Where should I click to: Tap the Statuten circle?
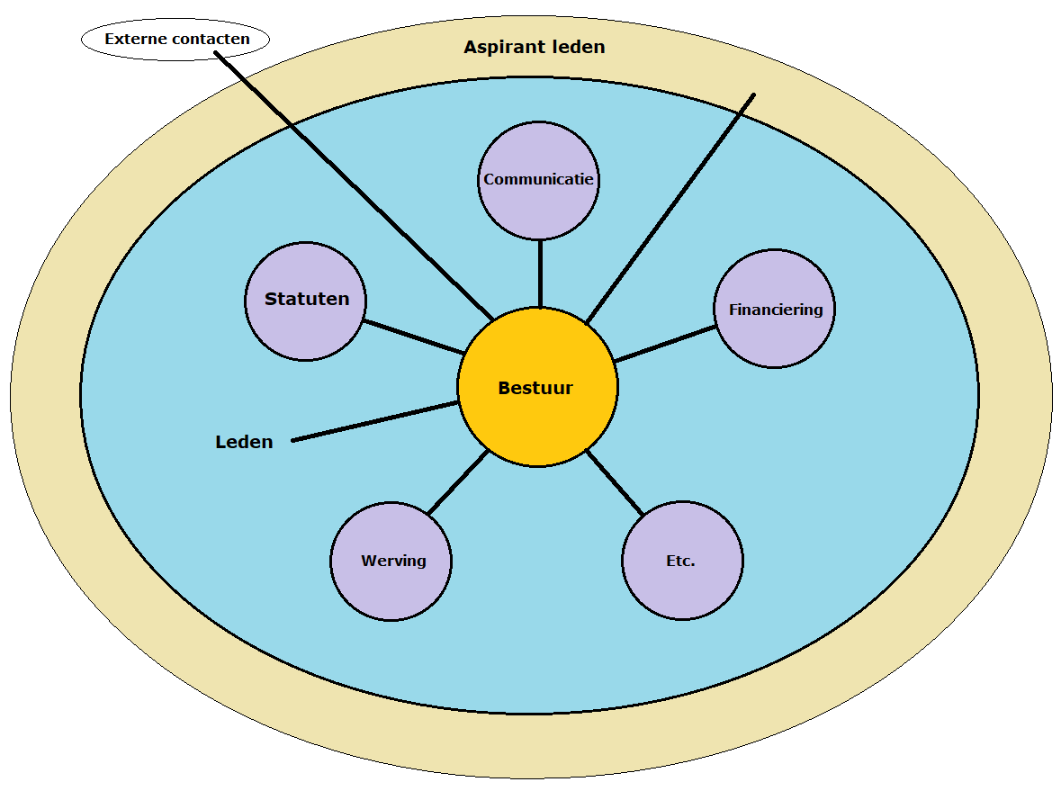pos(306,324)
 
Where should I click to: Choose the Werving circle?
pos(391,585)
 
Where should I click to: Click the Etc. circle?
pos(682,585)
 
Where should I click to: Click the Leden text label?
pos(244,442)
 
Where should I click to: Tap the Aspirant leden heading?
pos(535,47)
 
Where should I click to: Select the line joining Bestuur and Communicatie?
pos(540,274)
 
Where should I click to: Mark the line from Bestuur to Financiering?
pos(666,344)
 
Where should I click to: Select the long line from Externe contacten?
pos(351,180)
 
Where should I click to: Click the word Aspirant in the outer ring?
pos(496,47)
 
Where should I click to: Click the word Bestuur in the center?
pos(535,389)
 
